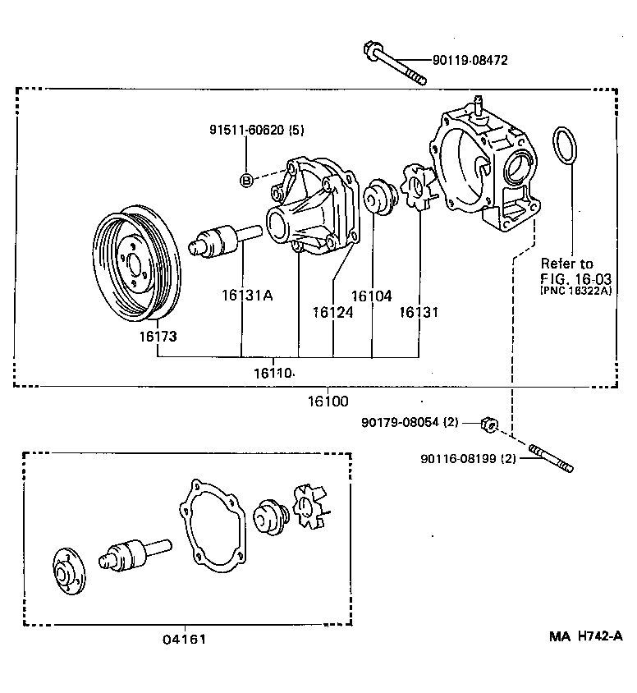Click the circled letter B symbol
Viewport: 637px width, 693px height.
point(245,181)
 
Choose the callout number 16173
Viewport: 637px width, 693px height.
point(157,337)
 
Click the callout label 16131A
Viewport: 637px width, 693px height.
point(245,294)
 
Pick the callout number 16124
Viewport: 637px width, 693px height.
point(332,312)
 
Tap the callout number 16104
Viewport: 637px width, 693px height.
point(372,296)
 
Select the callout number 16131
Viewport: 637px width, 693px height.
point(419,312)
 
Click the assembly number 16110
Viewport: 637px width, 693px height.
point(273,373)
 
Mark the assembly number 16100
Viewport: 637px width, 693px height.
point(328,402)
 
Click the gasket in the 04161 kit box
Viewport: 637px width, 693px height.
point(212,526)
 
